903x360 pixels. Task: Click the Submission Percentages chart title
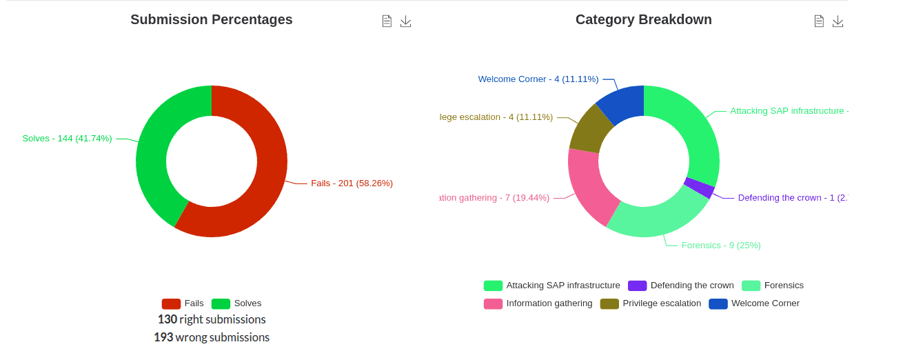tap(211, 20)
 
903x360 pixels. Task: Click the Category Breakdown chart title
tap(643, 20)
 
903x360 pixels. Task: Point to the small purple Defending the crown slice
tap(700, 188)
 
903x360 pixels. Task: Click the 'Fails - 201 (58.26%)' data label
tap(352, 183)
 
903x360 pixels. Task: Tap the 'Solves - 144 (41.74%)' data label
tap(67, 139)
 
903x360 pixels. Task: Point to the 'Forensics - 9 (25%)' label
tap(721, 246)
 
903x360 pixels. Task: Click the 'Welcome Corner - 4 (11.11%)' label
tap(538, 79)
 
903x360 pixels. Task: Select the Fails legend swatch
tap(171, 303)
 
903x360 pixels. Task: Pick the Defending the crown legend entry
tap(691, 286)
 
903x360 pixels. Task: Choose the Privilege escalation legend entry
tap(661, 303)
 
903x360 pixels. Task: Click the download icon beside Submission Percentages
tap(406, 21)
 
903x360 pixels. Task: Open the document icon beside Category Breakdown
tap(819, 21)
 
